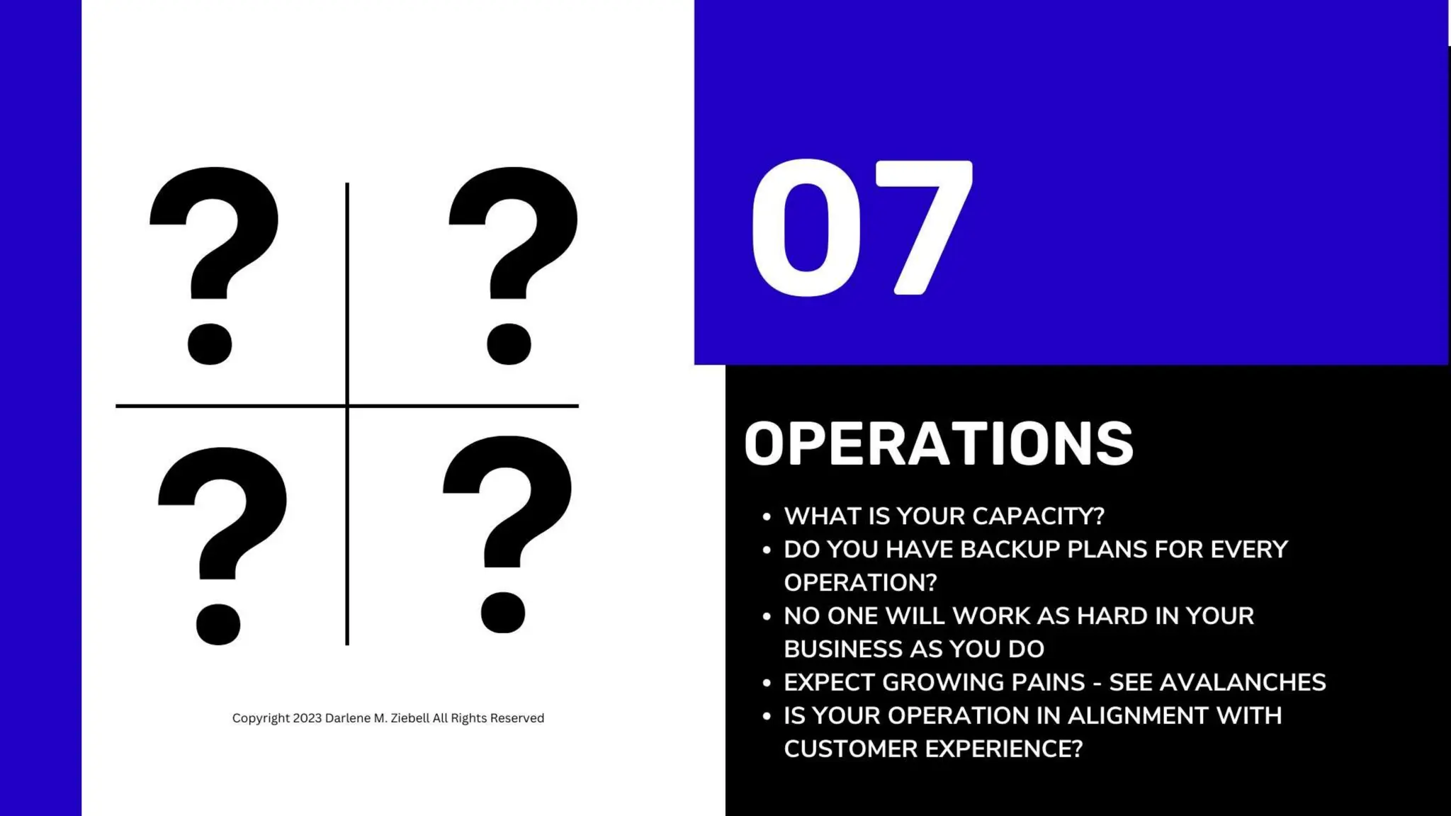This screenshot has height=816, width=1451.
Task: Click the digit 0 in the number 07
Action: (x=806, y=228)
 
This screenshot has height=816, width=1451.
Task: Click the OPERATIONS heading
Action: (x=939, y=444)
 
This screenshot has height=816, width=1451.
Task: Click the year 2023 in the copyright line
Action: (x=307, y=718)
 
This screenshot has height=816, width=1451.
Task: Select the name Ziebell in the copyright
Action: (x=410, y=718)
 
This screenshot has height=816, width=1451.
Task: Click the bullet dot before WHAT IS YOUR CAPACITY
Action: (x=766, y=517)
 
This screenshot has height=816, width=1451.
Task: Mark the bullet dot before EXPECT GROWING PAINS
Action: (x=766, y=683)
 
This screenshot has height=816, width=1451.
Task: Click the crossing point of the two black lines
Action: (x=347, y=406)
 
